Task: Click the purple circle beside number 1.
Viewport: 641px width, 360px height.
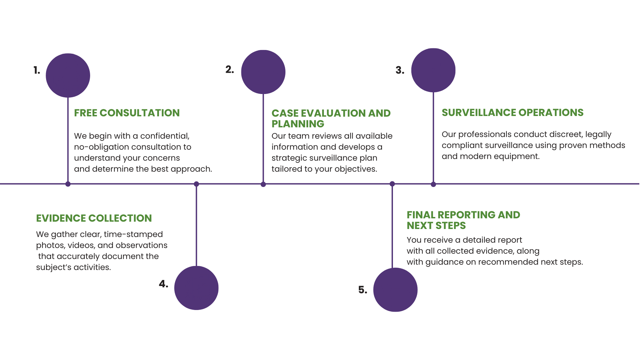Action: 68,75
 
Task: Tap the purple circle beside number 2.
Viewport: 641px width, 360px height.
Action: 263,72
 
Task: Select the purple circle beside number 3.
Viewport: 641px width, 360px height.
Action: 433,70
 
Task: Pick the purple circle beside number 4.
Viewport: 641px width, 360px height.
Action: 196,288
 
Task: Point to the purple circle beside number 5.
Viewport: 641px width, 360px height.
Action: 395,290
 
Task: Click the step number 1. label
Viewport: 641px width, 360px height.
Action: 37,70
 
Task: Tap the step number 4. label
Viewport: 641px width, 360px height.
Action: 164,284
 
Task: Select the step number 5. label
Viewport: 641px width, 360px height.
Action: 363,290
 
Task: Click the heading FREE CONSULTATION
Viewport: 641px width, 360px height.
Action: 127,113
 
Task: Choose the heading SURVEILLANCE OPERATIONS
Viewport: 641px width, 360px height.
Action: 512,113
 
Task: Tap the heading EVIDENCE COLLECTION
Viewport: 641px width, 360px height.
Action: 94,218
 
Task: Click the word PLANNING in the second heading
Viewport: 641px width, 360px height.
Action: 298,124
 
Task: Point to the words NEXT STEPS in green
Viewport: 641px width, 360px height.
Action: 436,226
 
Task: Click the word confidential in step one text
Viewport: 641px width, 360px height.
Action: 165,136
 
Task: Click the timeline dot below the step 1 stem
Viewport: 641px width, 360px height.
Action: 68,184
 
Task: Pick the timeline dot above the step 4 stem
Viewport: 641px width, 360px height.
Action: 196,184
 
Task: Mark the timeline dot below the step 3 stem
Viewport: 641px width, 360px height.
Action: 433,184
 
